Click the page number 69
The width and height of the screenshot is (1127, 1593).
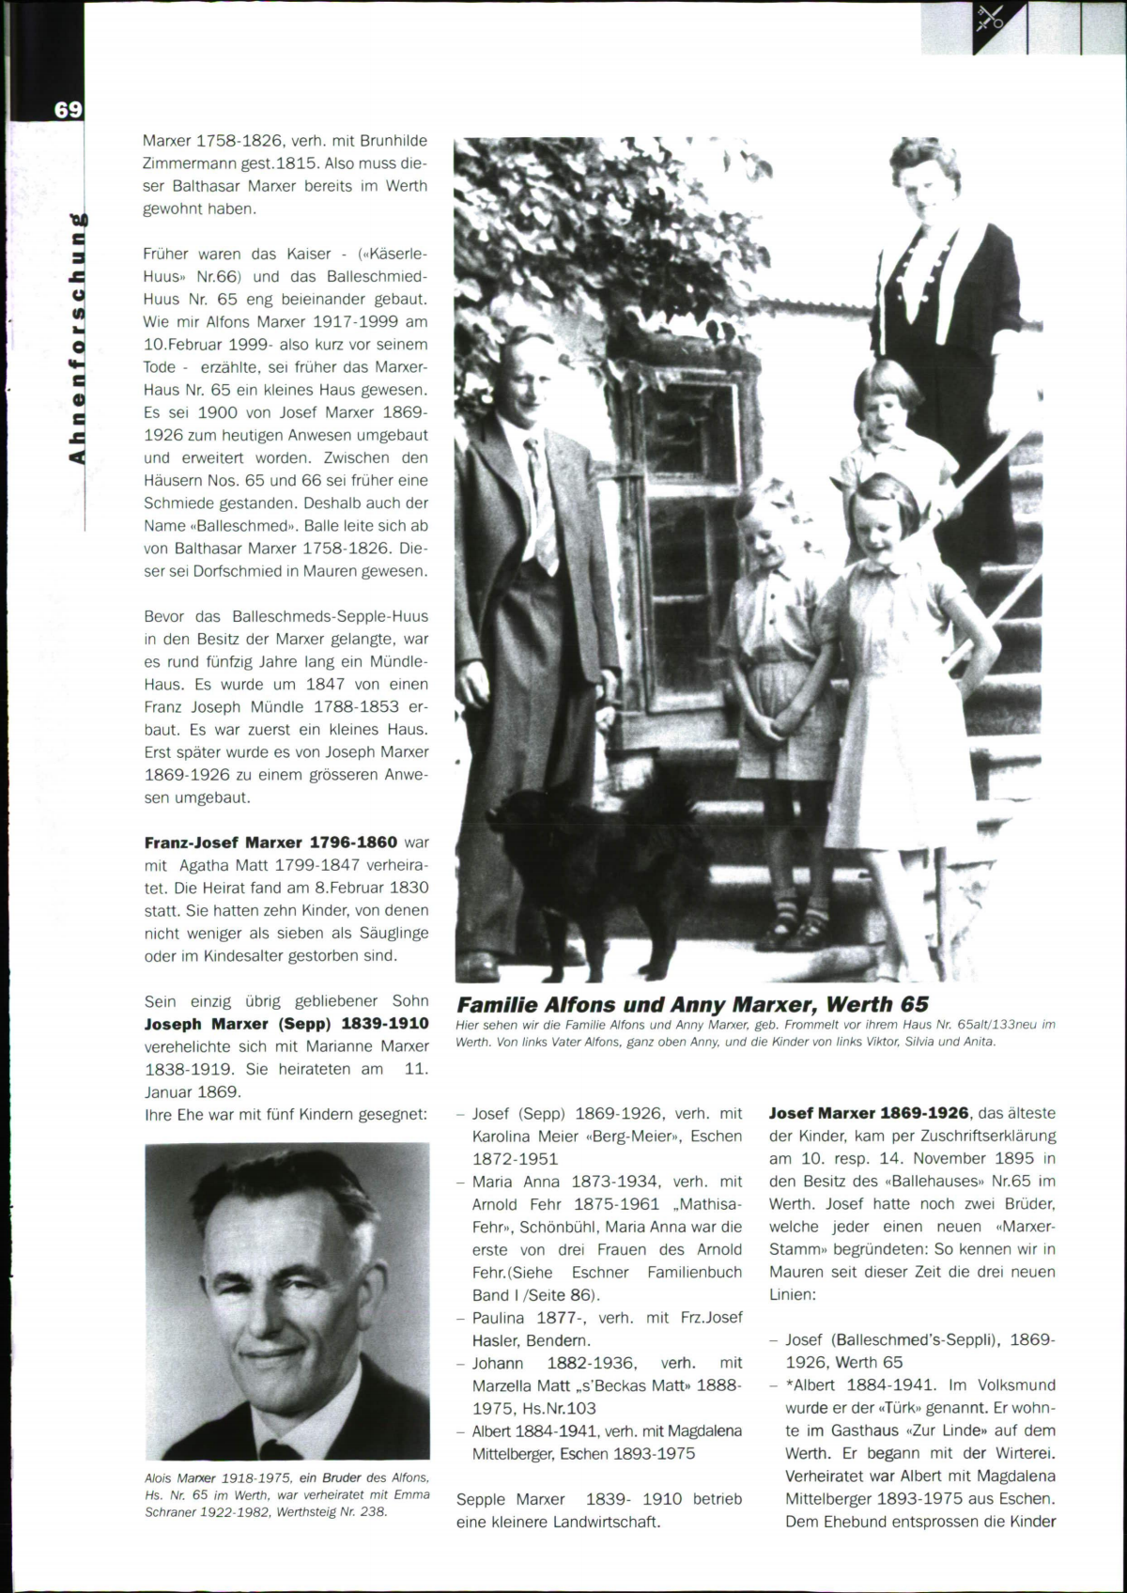[x=67, y=109]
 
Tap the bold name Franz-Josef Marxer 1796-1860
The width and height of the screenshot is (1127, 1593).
[x=270, y=842]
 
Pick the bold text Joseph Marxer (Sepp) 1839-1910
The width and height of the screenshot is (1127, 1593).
[x=286, y=1023]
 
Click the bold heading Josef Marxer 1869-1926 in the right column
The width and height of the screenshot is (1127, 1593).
[x=869, y=1113]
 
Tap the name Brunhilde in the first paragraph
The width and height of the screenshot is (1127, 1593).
[x=394, y=141]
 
